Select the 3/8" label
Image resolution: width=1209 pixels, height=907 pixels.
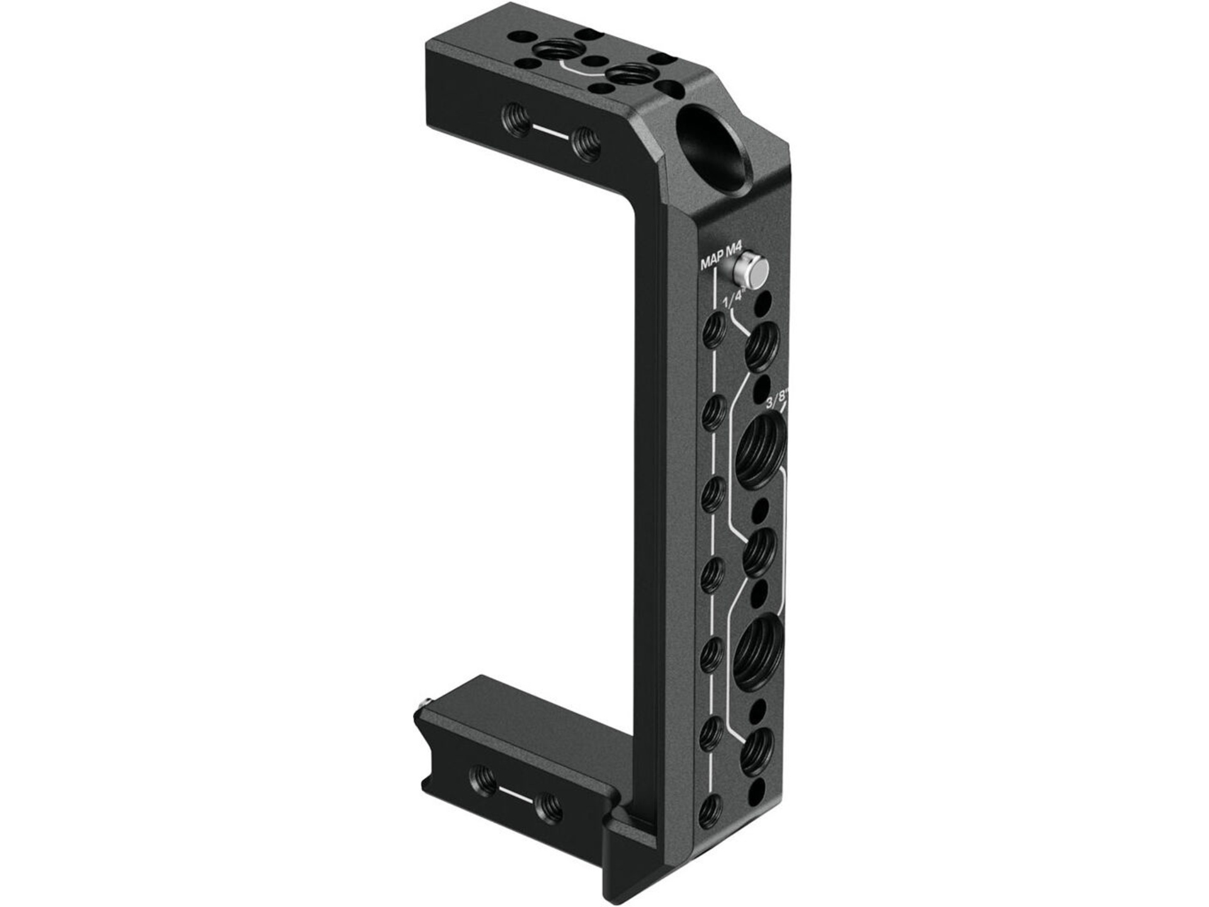point(776,402)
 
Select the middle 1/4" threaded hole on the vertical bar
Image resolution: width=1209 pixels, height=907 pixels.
point(760,552)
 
